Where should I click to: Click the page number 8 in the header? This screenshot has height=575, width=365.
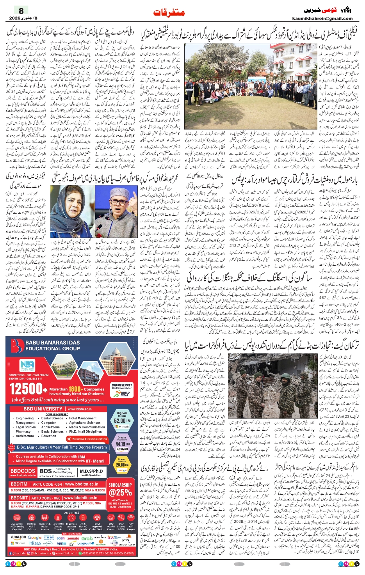(21, 11)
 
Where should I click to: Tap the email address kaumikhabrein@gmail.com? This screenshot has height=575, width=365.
(322, 18)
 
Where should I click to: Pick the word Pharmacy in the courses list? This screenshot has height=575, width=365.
(23, 431)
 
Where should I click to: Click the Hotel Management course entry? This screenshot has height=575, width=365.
(83, 418)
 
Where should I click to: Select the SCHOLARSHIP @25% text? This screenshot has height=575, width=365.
(120, 489)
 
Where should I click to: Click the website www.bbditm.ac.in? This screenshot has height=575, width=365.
(81, 484)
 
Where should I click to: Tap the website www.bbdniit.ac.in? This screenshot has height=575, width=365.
(81, 498)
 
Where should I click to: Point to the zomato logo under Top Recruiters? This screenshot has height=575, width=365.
(73, 538)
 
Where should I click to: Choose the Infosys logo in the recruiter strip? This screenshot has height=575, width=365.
(35, 543)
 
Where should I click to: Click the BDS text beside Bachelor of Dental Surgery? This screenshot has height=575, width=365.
(46, 471)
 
